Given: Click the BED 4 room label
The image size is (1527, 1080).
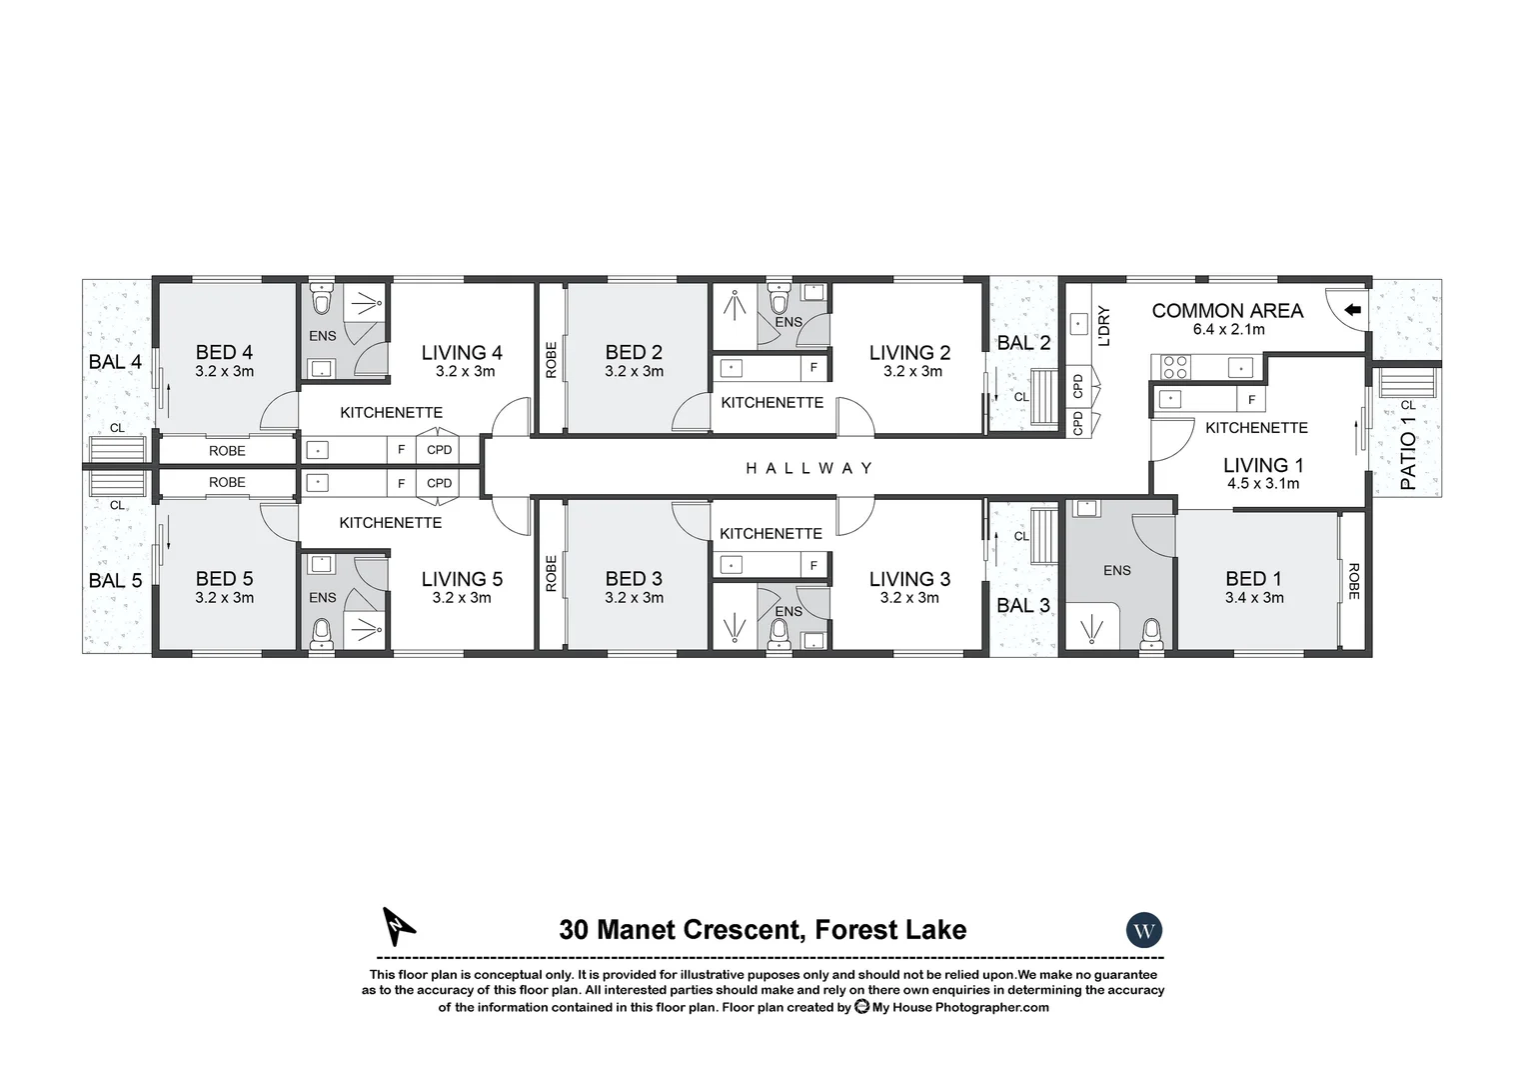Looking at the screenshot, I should [224, 352].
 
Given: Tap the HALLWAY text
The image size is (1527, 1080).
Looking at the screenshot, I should [809, 468].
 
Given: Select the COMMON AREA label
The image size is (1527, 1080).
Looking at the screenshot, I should [1227, 311].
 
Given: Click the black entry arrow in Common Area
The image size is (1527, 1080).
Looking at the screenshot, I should [1352, 310].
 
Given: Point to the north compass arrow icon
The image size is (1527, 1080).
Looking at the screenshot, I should [399, 926].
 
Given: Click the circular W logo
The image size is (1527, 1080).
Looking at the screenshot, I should [1144, 931].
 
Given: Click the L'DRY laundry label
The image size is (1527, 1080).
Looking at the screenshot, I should [1104, 326].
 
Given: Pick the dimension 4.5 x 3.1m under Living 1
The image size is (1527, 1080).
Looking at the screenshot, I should [1263, 484].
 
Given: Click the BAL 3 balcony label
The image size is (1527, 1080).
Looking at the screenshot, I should [1023, 605].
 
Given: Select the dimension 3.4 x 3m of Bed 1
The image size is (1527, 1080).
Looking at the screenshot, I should [1254, 598].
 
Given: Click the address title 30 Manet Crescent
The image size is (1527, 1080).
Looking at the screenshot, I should [763, 930].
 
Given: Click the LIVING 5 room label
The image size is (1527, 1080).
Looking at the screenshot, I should [462, 579].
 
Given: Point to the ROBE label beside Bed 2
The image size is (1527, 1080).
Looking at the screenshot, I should [551, 360].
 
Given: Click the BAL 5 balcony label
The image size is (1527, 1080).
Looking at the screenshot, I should [116, 580].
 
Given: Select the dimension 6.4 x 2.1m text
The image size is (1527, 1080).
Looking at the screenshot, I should [1228, 330].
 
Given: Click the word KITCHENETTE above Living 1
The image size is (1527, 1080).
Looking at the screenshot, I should [1256, 428].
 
